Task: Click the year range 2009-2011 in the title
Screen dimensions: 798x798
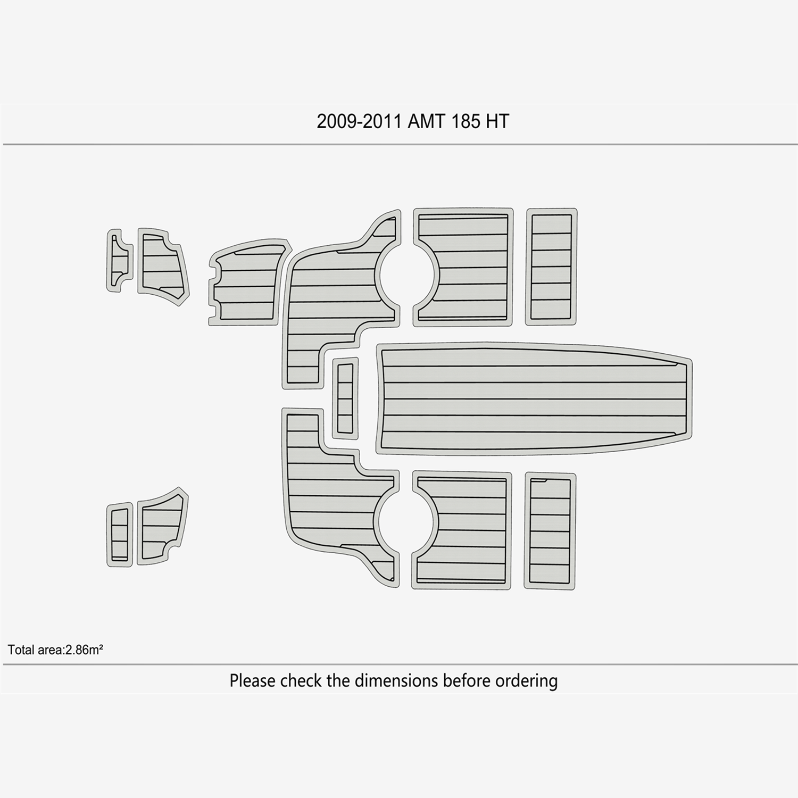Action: coord(359,122)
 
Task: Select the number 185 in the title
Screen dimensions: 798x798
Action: coord(465,122)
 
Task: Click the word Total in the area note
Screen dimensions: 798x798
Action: coord(21,650)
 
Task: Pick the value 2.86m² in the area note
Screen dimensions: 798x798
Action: coord(84,650)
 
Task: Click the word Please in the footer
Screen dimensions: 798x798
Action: coord(253,681)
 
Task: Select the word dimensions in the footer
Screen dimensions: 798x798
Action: coord(397,680)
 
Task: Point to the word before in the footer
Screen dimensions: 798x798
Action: coord(467,680)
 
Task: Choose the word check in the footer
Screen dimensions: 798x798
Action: coord(301,680)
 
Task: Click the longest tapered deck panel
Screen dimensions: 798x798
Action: coord(534,398)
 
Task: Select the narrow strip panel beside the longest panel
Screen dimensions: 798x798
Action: coord(345,398)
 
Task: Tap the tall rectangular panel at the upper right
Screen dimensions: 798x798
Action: coord(551,267)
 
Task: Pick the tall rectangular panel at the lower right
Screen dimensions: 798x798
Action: coord(550,531)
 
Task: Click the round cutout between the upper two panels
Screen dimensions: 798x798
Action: coord(407,276)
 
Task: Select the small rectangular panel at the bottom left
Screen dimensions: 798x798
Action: coord(119,535)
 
